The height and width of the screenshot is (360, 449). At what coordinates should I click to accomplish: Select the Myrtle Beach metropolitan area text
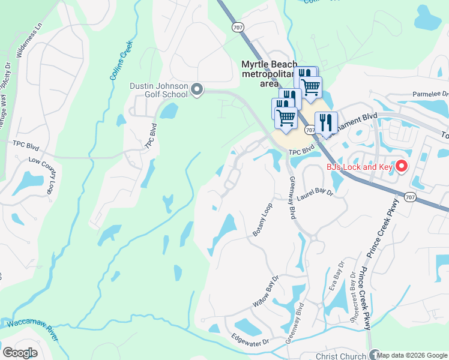tap(265, 73)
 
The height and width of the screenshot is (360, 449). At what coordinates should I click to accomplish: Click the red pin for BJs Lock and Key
tap(402, 166)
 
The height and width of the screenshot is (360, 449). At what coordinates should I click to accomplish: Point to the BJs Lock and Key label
tap(359, 167)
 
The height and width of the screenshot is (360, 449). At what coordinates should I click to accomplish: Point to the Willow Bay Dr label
tap(267, 292)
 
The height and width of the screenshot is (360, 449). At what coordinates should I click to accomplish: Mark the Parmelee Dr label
tap(430, 94)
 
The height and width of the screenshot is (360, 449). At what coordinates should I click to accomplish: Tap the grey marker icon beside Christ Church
tap(374, 355)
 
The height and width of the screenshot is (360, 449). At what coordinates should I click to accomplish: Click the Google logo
tap(20, 352)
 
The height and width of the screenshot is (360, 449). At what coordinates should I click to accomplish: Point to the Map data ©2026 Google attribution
tap(412, 355)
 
